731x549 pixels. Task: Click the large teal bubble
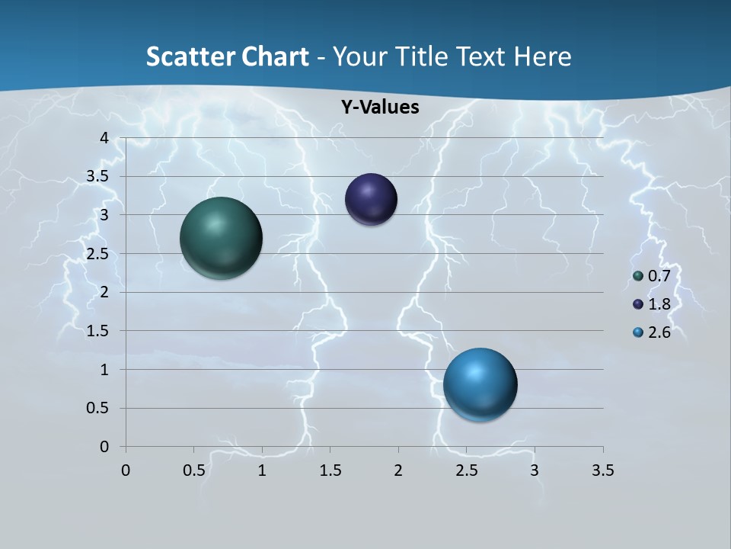click(x=221, y=238)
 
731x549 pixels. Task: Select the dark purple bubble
click(x=371, y=200)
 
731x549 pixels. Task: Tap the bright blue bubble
click(x=480, y=384)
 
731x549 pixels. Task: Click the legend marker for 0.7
click(x=638, y=276)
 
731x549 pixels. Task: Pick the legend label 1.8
click(x=659, y=304)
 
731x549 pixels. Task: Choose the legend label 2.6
click(x=659, y=332)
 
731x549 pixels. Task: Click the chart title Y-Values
click(x=379, y=108)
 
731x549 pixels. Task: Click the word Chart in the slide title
click(x=277, y=56)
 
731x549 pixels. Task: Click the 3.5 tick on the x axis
click(x=602, y=470)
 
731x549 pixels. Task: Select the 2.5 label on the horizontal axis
click(x=466, y=470)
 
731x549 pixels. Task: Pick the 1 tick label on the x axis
click(x=262, y=470)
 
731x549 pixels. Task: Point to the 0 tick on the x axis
click(x=126, y=470)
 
